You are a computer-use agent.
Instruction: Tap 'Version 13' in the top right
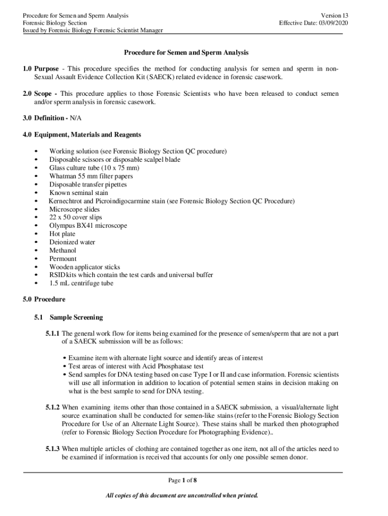[333, 15]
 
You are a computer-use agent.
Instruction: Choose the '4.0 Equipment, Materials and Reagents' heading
[82, 135]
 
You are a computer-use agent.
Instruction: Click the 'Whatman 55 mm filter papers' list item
[91, 176]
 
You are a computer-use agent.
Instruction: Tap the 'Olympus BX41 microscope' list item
[88, 226]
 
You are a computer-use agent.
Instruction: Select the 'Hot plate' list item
[62, 234]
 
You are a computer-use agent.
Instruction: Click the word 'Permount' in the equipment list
[62, 259]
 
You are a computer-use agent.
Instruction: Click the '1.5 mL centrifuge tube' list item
[81, 283]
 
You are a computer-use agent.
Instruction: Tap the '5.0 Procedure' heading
[44, 299]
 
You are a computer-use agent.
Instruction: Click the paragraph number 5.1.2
[52, 407]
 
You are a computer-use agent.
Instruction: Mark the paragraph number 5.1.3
[52, 448]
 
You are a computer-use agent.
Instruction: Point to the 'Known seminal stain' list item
[78, 192]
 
